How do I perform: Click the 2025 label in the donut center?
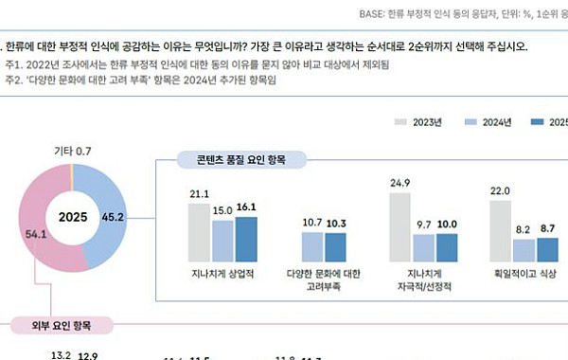[x=73, y=216]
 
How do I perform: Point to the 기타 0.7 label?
[x=72, y=152]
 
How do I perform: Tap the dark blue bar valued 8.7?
[x=546, y=250]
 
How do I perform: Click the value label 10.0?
[x=448, y=224]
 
